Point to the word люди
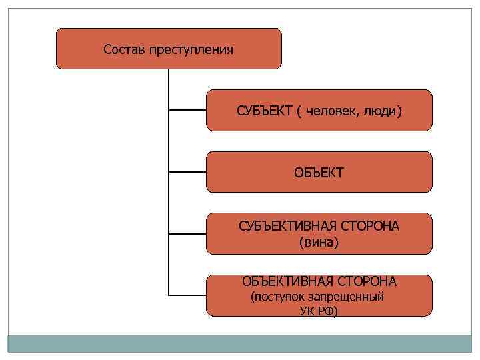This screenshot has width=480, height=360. (x=383, y=111)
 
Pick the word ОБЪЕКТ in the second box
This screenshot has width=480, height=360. (x=319, y=173)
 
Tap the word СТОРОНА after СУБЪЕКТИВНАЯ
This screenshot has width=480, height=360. (x=369, y=226)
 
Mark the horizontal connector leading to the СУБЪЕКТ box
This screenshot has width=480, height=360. (x=187, y=110)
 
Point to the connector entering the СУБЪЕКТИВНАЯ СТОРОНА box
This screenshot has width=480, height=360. (x=187, y=233)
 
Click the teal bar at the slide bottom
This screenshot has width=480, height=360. (x=240, y=344)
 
